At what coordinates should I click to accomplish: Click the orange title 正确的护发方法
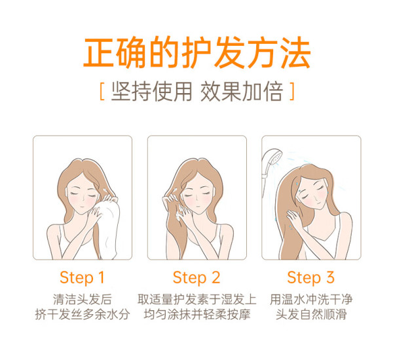(196, 52)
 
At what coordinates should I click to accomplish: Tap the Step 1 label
(82, 278)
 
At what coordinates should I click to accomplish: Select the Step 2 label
(196, 278)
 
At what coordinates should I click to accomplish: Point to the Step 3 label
(310, 278)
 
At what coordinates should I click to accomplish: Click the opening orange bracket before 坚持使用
(102, 91)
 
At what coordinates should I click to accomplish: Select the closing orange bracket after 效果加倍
(292, 91)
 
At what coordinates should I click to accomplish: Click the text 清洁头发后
(83, 300)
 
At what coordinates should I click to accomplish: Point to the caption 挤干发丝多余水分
(83, 315)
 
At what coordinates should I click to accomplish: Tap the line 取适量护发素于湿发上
(197, 300)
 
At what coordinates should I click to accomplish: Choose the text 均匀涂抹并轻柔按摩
(197, 315)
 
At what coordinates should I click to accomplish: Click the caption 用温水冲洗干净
(311, 300)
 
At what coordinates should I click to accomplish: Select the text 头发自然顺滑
(311, 315)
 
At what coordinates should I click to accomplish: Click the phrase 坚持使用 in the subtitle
(152, 91)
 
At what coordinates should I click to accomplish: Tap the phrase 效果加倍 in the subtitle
(242, 91)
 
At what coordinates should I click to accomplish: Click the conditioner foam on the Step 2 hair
(179, 212)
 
